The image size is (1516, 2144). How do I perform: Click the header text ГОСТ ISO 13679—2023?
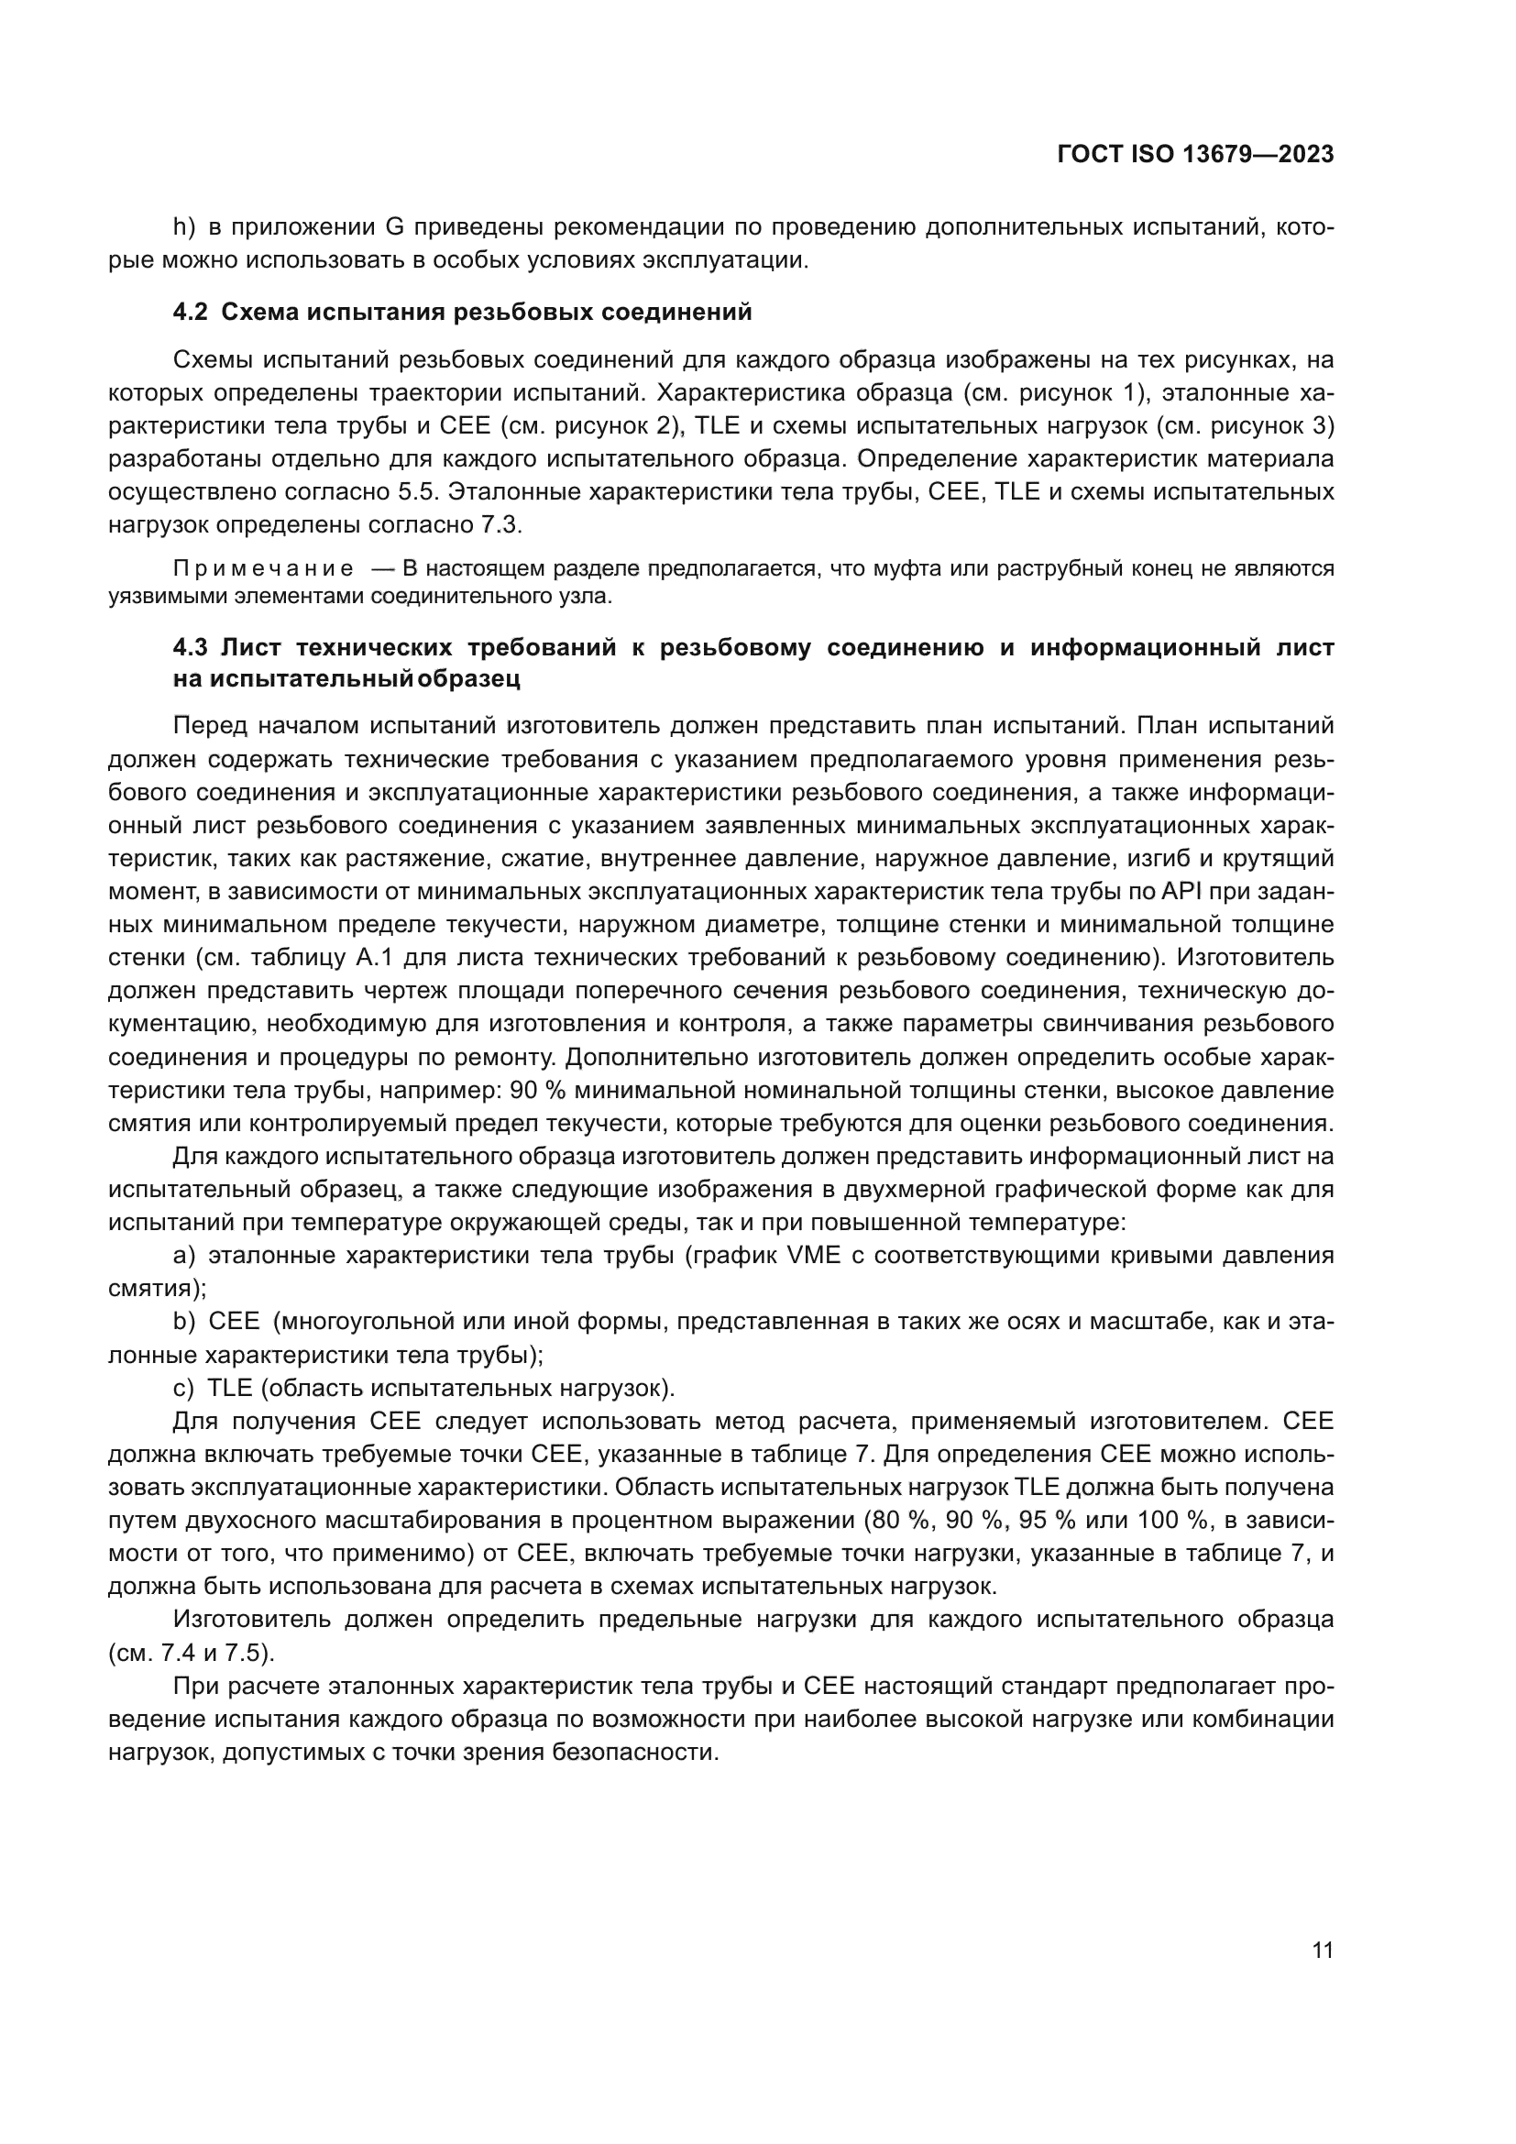point(1195,155)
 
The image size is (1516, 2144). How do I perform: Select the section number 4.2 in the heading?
point(191,312)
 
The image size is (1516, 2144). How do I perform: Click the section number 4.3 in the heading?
point(191,647)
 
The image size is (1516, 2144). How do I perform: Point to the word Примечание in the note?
point(263,568)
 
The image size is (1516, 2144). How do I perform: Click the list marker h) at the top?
point(184,227)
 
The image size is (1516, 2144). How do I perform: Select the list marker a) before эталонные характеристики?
point(184,1255)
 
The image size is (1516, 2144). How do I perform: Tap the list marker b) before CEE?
point(184,1322)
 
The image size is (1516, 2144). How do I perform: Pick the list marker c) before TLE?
point(184,1388)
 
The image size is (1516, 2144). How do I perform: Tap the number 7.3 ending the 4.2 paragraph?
point(499,525)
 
